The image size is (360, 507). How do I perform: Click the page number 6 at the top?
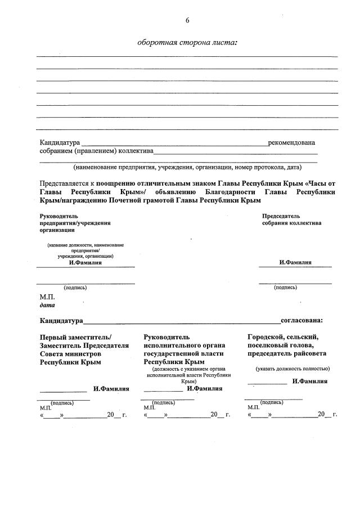(187, 21)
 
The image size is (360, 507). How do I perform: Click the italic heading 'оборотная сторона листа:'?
(187, 43)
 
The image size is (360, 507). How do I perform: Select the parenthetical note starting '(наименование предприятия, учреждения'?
(187, 167)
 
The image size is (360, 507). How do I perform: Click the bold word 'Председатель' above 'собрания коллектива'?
(281, 216)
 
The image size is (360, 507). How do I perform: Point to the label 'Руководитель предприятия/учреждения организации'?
(75, 223)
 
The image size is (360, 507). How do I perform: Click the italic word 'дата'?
(47, 306)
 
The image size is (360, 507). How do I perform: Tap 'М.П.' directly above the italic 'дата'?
(47, 297)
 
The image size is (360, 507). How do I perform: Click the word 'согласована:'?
(302, 321)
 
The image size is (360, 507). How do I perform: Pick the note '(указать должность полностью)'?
(292, 369)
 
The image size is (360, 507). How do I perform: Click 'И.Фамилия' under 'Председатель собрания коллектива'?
(295, 263)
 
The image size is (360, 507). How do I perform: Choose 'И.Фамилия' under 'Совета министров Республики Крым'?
(111, 389)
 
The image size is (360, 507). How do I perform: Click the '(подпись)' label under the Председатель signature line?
(285, 288)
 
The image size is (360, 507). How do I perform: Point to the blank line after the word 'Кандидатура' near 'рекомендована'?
(174, 144)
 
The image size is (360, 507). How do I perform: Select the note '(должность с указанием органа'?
(188, 369)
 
